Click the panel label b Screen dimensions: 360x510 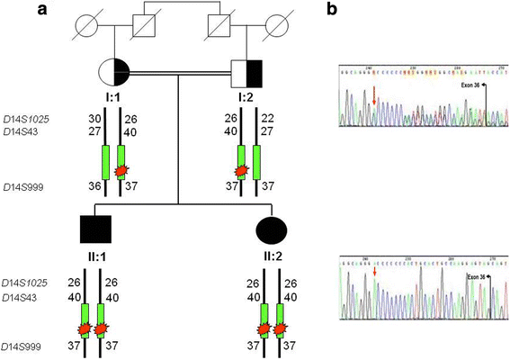(344, 9)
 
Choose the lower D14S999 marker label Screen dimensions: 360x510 (35, 346)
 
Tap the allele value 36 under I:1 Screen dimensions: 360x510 (94, 187)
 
